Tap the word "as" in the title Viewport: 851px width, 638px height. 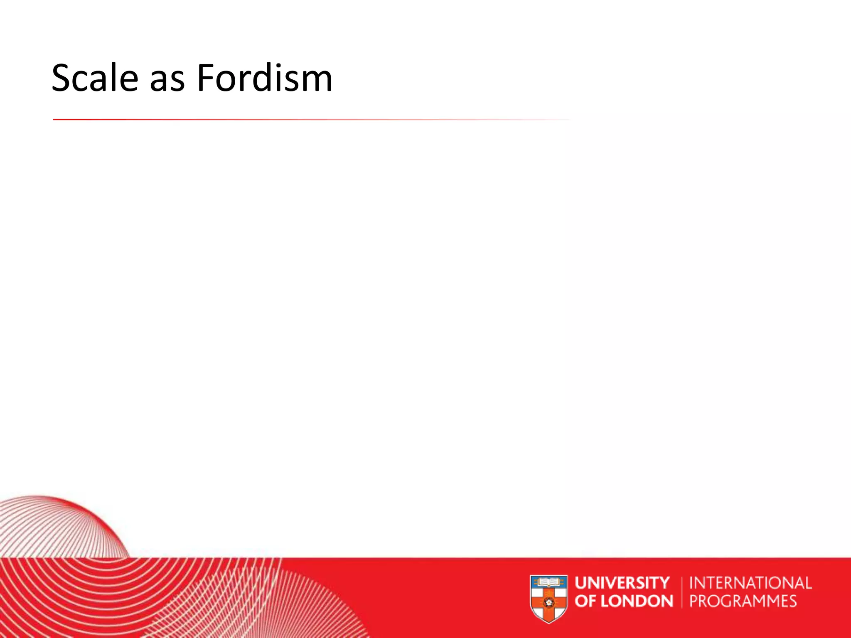click(x=167, y=82)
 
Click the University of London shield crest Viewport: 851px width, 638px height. click(x=549, y=598)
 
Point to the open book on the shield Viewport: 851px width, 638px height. click(x=549, y=582)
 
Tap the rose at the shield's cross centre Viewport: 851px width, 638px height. click(x=547, y=602)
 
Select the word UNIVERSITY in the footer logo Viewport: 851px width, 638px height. click(x=622, y=583)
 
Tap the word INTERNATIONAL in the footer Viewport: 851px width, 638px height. click(x=750, y=583)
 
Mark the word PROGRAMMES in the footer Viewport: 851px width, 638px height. click(x=743, y=601)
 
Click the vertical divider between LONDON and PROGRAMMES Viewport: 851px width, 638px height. click(x=682, y=592)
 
